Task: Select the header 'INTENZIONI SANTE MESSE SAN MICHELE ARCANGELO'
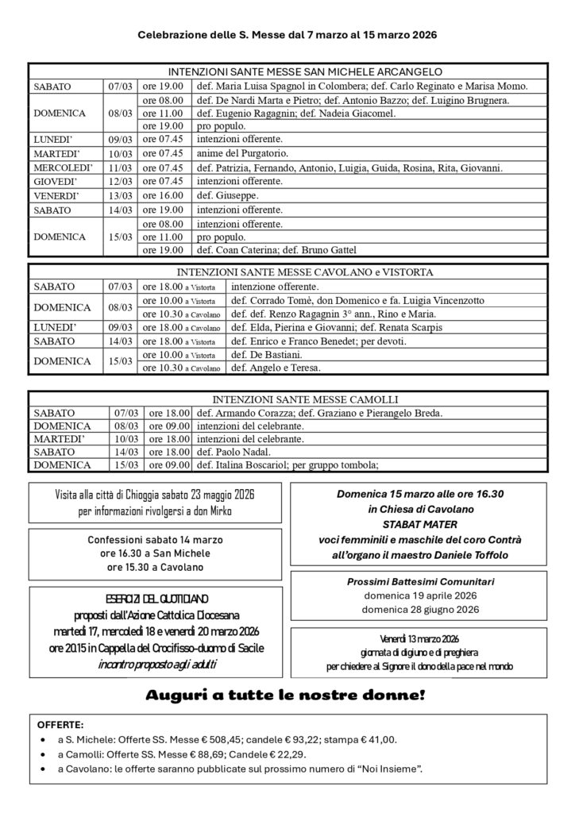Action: [x=287, y=71]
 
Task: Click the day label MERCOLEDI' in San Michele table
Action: [x=64, y=168]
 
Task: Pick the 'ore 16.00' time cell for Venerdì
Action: [x=163, y=195]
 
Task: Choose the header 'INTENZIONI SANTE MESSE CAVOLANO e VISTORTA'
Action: [x=287, y=272]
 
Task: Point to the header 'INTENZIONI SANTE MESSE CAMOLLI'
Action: [x=287, y=399]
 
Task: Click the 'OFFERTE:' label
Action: [x=64, y=725]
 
